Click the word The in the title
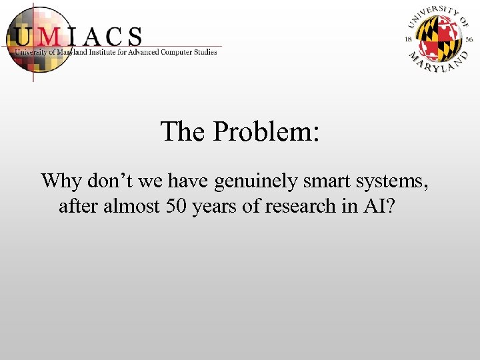(183, 131)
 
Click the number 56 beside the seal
(469, 40)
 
